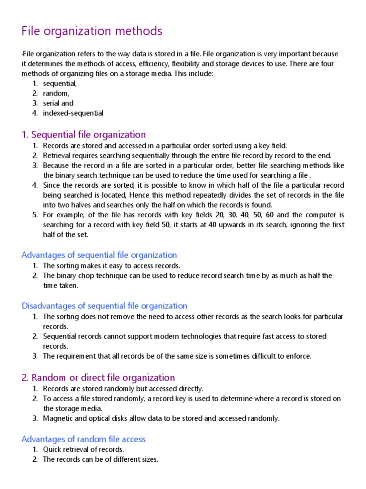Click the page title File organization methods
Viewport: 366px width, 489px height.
92,32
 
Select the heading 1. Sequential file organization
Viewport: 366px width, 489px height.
84,135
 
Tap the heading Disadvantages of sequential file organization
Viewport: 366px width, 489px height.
104,306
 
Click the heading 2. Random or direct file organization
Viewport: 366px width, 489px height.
98,377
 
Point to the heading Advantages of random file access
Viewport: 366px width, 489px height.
83,439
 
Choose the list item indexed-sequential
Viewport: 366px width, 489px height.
73,113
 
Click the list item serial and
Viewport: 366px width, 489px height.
58,103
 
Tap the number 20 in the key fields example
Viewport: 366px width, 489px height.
220,215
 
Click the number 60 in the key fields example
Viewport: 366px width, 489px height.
270,215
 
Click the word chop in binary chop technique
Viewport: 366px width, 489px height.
85,276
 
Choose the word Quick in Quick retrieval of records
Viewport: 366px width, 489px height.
52,449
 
